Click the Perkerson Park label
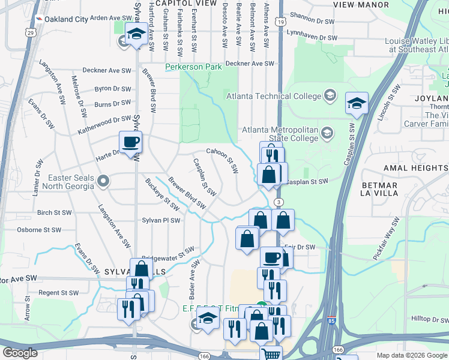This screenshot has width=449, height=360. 194,67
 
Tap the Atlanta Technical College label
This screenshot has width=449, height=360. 273,96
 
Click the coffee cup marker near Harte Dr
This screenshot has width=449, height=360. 130,143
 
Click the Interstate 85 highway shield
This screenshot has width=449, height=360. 331,322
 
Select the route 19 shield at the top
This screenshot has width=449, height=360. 281,22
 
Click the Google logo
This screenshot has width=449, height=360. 20,353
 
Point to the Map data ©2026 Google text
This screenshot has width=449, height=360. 412,355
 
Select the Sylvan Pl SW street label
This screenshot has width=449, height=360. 161,221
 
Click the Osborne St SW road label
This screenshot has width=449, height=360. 40,230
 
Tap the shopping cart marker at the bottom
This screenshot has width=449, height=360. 271,353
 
